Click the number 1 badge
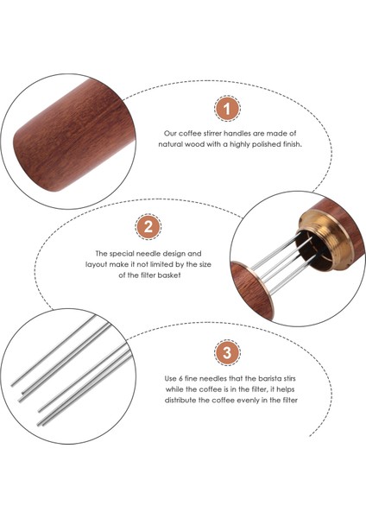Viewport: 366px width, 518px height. (x=227, y=109)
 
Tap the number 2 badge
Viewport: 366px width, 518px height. (x=148, y=227)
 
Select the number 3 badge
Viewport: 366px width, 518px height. (x=227, y=352)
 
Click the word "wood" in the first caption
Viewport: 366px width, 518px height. (x=195, y=144)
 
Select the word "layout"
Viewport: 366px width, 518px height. (x=97, y=265)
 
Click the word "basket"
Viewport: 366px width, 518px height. (x=169, y=275)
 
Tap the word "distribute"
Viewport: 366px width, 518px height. (x=180, y=401)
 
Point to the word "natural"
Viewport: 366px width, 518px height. (x=170, y=144)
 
